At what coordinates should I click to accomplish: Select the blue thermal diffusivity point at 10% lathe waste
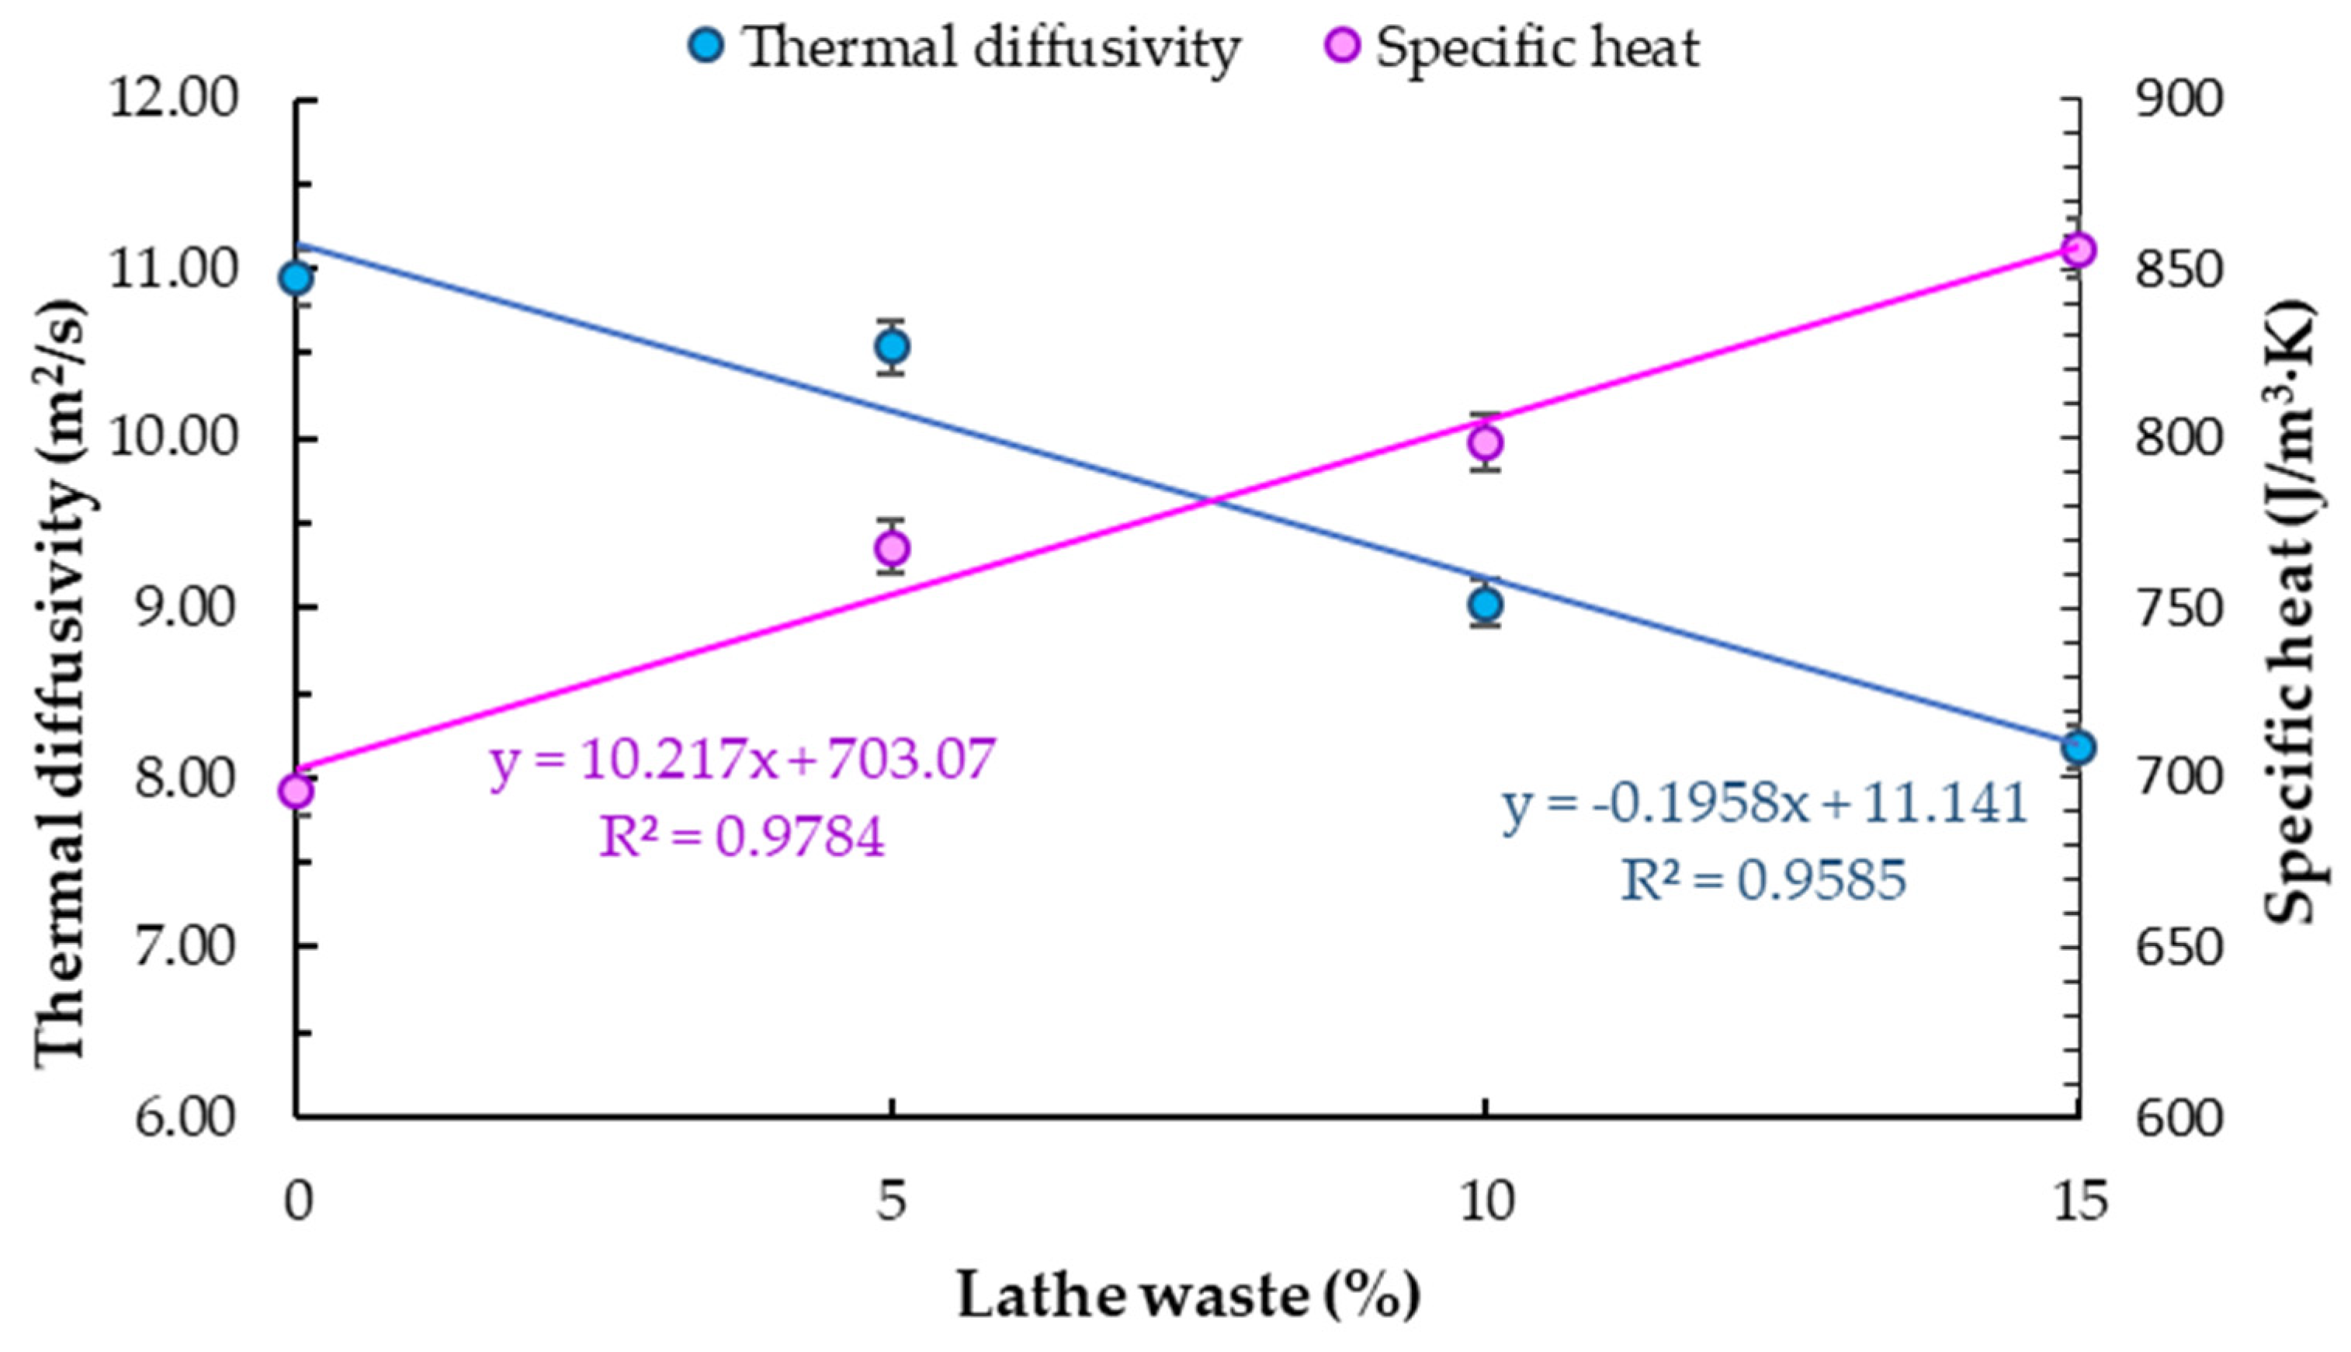[1486, 605]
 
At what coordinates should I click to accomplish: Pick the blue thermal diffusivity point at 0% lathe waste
[297, 278]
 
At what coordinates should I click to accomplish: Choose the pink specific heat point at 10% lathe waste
[1486, 443]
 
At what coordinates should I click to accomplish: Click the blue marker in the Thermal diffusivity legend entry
[706, 44]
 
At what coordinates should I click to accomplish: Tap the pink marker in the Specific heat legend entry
[1343, 44]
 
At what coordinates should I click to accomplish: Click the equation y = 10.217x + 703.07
[743, 761]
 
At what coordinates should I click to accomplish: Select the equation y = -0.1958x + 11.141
[1765, 804]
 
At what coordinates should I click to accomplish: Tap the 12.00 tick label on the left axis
[175, 99]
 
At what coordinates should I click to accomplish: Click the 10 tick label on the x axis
[1486, 1202]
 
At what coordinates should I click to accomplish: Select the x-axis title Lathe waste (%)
[1188, 1295]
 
